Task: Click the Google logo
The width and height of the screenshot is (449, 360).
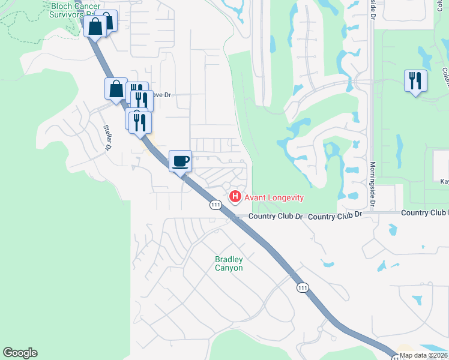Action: (20, 353)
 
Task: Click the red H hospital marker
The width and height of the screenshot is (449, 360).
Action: (235, 196)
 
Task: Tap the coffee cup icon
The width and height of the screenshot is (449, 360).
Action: (180, 161)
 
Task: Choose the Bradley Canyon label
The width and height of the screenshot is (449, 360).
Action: (229, 263)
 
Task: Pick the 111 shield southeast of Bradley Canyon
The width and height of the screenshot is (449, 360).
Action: (302, 289)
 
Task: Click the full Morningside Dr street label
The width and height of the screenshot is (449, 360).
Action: (373, 185)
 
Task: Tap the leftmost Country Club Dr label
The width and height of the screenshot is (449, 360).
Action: (276, 216)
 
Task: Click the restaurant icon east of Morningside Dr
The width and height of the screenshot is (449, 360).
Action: (415, 80)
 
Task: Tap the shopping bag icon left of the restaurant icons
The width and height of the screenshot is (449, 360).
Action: (116, 89)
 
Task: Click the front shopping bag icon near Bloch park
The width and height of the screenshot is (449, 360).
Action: (95, 26)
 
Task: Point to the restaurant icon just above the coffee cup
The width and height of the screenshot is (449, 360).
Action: (140, 122)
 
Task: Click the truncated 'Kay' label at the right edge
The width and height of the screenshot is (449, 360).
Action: (444, 181)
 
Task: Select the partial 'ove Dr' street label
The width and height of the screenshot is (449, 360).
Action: (160, 95)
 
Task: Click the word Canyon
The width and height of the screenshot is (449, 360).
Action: (229, 268)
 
